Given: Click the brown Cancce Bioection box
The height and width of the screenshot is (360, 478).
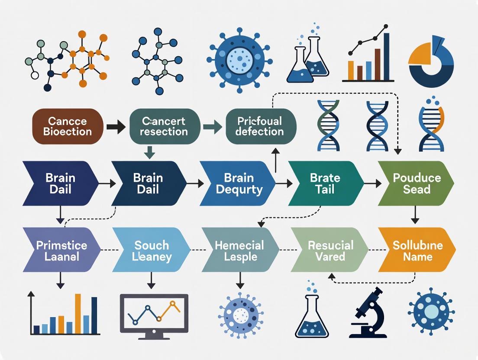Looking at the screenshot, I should [x=68, y=126].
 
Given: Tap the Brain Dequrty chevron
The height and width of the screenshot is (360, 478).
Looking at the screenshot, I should [x=237, y=183].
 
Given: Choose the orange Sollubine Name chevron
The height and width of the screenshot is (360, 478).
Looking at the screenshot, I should [x=417, y=251].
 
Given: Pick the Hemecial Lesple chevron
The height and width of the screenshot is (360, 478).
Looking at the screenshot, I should [x=239, y=251].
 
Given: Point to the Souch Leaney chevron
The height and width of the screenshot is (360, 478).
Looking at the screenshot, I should [x=150, y=251].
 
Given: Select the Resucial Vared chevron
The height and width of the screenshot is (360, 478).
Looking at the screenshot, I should [x=329, y=251].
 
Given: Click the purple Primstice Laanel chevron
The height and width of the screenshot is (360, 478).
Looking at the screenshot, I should [x=61, y=251].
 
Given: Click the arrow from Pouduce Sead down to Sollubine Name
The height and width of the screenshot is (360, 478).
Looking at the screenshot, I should [x=415, y=215].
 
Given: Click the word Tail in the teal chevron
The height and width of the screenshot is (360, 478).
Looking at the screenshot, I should [x=325, y=189].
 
